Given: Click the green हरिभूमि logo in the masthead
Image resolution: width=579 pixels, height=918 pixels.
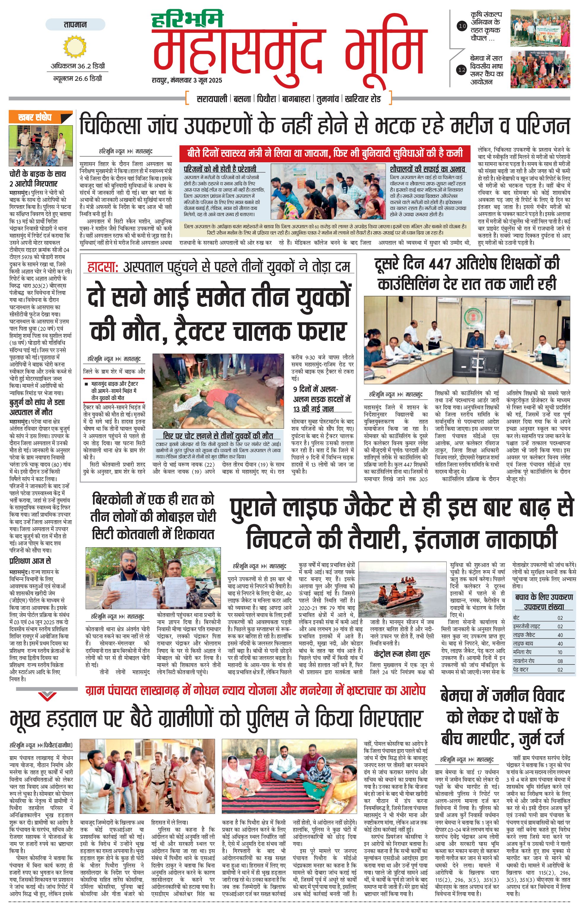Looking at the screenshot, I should (x=187, y=20).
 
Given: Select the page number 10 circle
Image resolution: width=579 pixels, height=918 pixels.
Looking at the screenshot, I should (x=462, y=26).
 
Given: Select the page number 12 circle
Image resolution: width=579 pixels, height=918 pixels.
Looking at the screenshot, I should (x=462, y=70).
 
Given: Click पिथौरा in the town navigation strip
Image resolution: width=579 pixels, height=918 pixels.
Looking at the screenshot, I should (x=266, y=99).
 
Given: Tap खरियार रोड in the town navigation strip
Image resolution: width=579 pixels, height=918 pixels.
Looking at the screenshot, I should (x=363, y=99).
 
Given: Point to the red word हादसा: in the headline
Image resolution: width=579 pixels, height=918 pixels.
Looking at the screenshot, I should (x=102, y=267).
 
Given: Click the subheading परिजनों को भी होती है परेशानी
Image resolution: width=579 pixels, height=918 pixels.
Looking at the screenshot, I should (x=220, y=169).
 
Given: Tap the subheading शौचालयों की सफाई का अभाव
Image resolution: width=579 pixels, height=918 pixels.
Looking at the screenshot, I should (x=427, y=169).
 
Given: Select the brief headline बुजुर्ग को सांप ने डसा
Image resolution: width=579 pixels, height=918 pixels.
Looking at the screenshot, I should (x=37, y=402).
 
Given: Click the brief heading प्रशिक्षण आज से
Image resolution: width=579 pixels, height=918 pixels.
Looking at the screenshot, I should (x=30, y=561).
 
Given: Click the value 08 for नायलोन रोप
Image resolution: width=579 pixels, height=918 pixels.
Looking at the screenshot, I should (x=560, y=661).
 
